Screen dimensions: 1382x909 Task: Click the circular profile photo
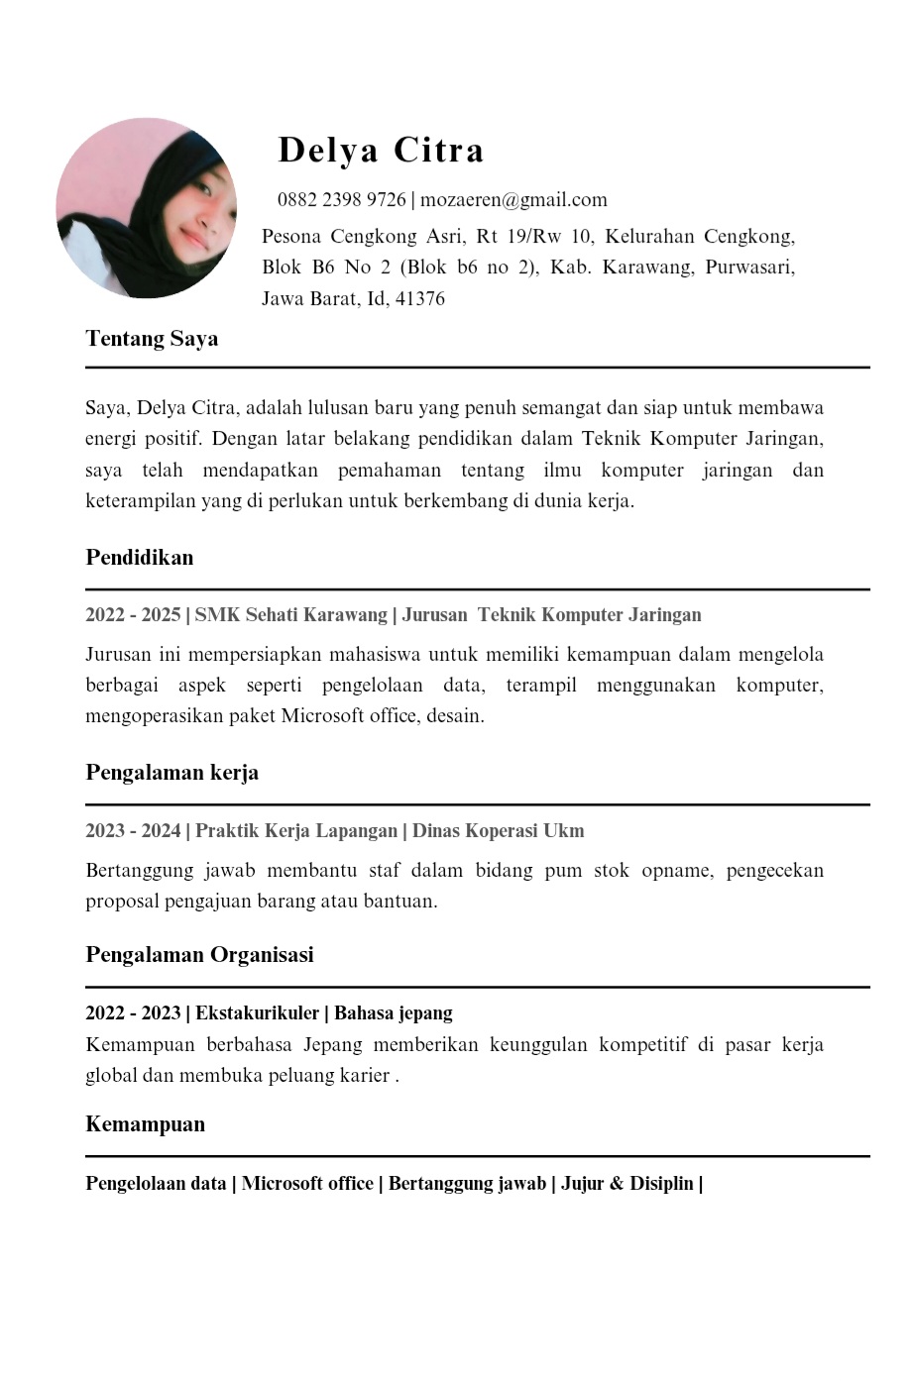coord(147,208)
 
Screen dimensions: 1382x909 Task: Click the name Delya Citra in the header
coord(381,150)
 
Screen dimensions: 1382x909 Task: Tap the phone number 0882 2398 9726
coord(342,200)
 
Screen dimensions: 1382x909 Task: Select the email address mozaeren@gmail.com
coord(513,200)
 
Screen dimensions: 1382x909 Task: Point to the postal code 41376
coord(420,299)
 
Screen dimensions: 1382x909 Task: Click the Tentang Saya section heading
coord(152,339)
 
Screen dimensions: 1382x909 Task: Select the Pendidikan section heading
coord(140,558)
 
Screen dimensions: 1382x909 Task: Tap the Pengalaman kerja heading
coord(172,773)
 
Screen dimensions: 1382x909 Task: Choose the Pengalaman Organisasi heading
coord(199,955)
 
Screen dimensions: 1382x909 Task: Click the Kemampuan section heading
coord(146,1124)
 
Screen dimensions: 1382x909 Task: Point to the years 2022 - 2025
coord(133,615)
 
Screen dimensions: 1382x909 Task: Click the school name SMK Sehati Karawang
coord(290,615)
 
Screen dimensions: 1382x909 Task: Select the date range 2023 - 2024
coord(133,831)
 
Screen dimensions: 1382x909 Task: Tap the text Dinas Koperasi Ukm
coord(498,831)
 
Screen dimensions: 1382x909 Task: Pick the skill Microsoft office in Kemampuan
coord(307,1184)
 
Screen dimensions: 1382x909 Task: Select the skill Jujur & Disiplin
coord(627,1184)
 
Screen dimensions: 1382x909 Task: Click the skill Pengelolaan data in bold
coord(156,1184)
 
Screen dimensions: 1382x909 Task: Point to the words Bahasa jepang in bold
coord(394,1013)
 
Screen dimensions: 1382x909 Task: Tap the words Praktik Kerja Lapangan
coord(296,831)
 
